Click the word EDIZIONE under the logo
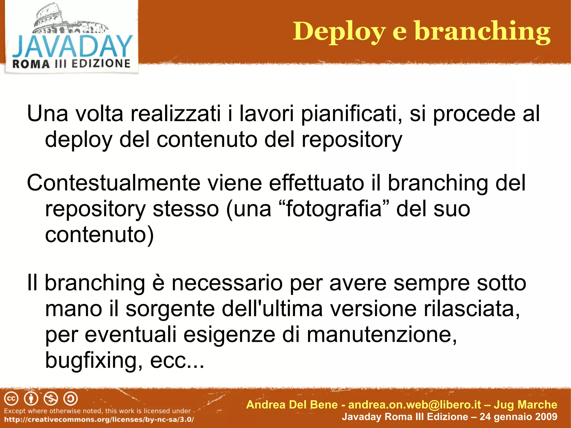tap(101, 64)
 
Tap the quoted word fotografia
tap(334, 209)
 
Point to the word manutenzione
tap(381, 335)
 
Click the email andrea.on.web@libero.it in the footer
tap(415, 405)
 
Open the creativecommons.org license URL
tap(99, 419)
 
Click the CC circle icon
tap(11, 399)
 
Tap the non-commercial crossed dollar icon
tap(51, 399)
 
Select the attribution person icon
tap(31, 399)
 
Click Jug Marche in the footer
tap(525, 405)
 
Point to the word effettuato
tap(316, 183)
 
